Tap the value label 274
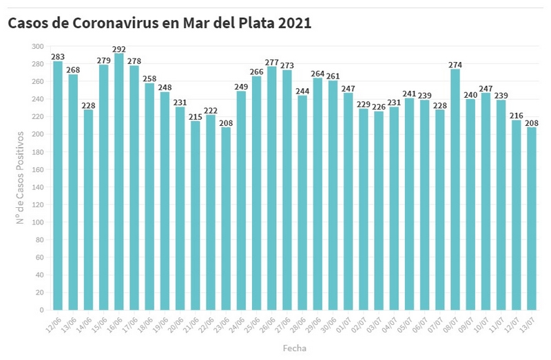455,65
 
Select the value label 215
196,116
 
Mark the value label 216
516,116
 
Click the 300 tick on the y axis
37,46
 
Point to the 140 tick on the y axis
37,187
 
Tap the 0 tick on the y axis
41,310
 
